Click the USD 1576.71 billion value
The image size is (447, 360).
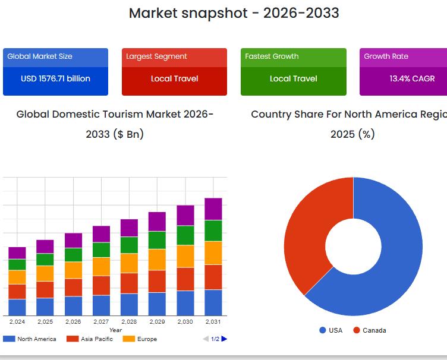(x=55, y=78)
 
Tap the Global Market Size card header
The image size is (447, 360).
(x=55, y=56)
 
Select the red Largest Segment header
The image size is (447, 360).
(x=174, y=56)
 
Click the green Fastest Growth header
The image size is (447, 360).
(x=293, y=56)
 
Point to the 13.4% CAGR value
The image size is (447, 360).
(x=412, y=78)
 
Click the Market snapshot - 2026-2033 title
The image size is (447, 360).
(x=234, y=12)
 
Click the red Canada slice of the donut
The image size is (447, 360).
(x=309, y=226)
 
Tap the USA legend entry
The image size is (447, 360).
(x=331, y=330)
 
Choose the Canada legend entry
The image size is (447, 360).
(x=369, y=330)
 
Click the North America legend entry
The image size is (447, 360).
(x=30, y=339)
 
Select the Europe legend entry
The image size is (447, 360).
(x=140, y=339)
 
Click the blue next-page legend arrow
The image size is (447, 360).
(x=224, y=339)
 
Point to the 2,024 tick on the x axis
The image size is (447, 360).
(x=17, y=322)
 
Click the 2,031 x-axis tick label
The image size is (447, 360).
(x=213, y=322)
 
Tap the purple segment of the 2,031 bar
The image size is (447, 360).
(x=213, y=209)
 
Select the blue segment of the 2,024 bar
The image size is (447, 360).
(x=17, y=307)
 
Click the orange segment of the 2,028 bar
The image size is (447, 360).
(x=129, y=263)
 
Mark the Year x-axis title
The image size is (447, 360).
(x=115, y=330)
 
